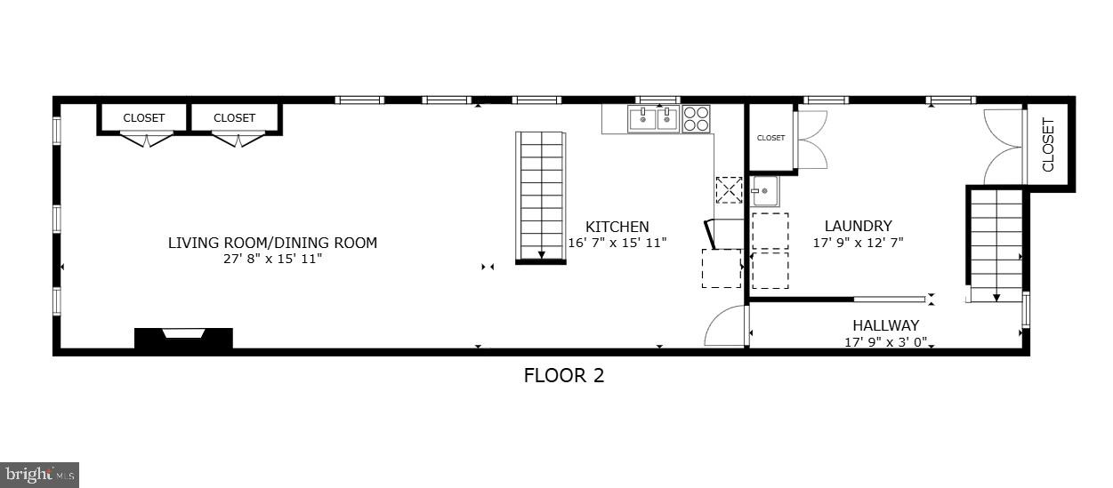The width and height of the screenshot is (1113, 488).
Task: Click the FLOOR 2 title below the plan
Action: pos(563,375)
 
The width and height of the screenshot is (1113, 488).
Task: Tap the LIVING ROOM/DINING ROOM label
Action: pos(272,243)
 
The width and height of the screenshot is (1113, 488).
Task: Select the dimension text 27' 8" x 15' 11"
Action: pos(272,259)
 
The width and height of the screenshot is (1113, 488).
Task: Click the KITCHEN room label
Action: pos(617,227)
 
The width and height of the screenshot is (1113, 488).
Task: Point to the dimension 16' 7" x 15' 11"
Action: pos(617,242)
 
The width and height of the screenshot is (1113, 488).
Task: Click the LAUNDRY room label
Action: pos(858,226)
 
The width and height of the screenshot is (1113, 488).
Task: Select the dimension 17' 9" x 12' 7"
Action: pos(858,242)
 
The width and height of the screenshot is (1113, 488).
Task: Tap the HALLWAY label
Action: pos(885,325)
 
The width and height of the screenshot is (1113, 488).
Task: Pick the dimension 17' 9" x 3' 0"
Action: pos(885,341)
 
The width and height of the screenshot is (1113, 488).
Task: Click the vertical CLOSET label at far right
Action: pos(1048,145)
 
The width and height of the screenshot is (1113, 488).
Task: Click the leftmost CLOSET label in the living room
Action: pos(144,117)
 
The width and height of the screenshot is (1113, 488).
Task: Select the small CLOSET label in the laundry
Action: pos(770,138)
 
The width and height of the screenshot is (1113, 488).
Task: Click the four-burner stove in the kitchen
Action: pos(696,118)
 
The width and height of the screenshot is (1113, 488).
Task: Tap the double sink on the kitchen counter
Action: pos(654,118)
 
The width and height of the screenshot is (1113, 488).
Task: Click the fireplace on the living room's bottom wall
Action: pos(183,337)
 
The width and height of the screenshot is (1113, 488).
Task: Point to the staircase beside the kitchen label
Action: pos(541,197)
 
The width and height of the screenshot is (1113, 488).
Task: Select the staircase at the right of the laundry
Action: pos(996,245)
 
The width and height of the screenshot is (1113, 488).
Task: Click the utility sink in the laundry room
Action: pos(765,191)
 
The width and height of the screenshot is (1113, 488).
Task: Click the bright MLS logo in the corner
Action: pos(40,475)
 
